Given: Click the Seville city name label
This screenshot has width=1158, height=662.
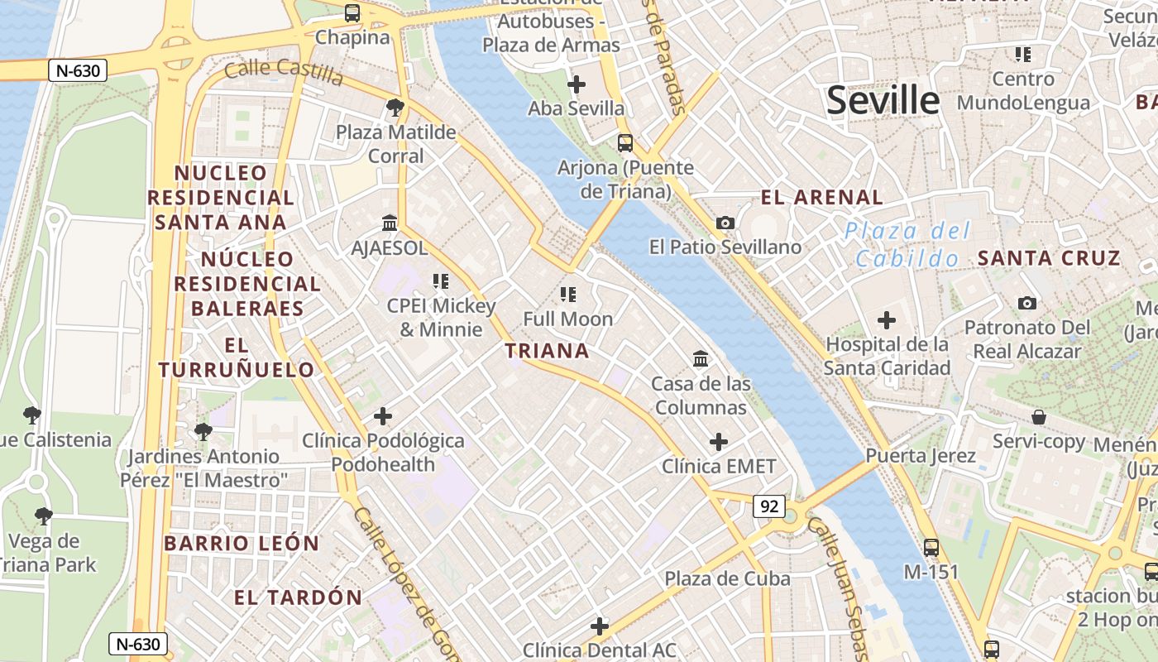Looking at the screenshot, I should click(883, 101).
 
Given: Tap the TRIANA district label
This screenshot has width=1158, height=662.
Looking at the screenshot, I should click(548, 351).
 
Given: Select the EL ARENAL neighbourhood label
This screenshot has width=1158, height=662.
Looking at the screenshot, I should click(821, 198).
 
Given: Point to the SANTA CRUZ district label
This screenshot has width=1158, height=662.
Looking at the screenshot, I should click(1049, 258).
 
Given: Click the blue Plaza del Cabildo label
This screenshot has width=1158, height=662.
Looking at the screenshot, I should click(907, 245).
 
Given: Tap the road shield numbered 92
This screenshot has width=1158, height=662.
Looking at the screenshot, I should click(768, 506).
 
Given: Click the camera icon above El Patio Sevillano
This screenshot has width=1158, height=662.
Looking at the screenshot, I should click(725, 223).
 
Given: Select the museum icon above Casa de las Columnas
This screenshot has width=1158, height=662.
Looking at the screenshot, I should click(701, 358).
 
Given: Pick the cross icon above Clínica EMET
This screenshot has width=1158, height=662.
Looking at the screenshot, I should click(719, 442).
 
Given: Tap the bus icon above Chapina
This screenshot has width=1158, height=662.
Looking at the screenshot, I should click(352, 13).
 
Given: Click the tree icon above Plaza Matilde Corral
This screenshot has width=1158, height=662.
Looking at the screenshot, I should click(395, 107).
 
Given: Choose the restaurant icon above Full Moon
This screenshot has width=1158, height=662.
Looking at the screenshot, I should click(567, 294).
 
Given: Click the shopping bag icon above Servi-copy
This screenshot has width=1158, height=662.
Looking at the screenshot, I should click(1039, 417).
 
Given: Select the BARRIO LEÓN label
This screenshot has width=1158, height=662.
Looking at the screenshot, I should click(242, 544).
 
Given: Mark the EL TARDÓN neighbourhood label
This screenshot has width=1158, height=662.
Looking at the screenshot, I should click(298, 597).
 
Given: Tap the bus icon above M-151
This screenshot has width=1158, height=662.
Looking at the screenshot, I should click(931, 547).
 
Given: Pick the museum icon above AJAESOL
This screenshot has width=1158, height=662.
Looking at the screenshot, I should click(390, 223).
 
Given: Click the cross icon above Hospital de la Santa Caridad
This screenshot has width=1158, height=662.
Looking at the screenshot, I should click(887, 319).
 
